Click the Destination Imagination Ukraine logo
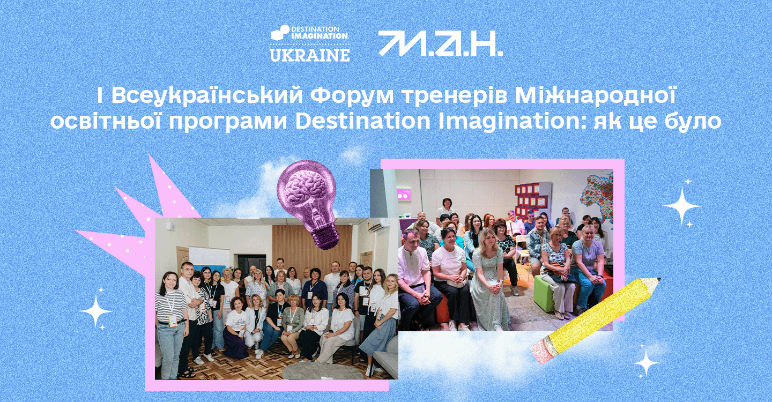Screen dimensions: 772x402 tap(309, 43)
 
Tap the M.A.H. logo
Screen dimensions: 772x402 tap(441, 43)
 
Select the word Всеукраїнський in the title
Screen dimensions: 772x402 tap(207, 96)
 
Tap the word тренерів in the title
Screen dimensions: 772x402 tap(455, 96)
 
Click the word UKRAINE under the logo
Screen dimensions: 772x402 tap(310, 55)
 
